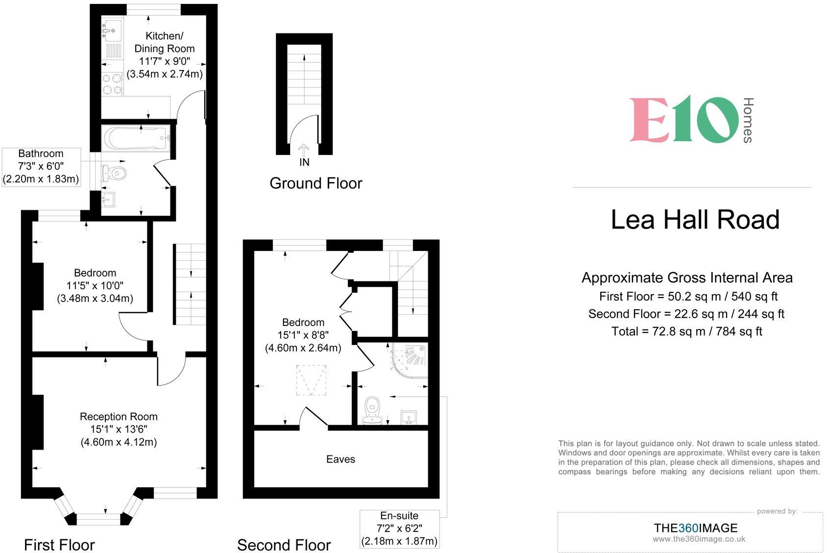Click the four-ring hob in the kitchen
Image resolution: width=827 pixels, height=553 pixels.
click(x=112, y=83)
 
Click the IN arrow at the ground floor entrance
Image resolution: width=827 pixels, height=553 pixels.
click(x=304, y=150)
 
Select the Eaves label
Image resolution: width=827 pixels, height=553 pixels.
click(x=341, y=459)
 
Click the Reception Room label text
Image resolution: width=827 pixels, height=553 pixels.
click(x=119, y=417)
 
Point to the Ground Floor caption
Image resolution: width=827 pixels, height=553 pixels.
click(x=316, y=183)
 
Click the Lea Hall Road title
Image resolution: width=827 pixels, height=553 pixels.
click(x=695, y=220)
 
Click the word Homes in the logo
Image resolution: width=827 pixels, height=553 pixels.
click(x=748, y=120)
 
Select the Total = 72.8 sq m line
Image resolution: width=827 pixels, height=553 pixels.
click(x=686, y=331)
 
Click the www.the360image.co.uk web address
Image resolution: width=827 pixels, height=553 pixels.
click(x=699, y=539)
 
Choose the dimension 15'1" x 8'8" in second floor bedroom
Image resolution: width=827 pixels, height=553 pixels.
click(x=303, y=335)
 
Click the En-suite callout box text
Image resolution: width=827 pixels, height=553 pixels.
click(x=399, y=528)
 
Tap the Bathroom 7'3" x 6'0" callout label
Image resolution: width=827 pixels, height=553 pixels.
click(x=41, y=166)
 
